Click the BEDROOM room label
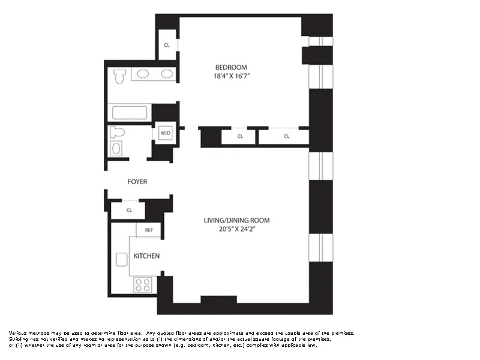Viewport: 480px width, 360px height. pyautogui.click(x=231, y=67)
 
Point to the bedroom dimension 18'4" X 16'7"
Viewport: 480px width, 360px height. pyautogui.click(x=231, y=77)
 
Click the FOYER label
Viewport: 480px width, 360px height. pyautogui.click(x=137, y=181)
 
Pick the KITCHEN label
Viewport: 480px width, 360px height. pyautogui.click(x=146, y=256)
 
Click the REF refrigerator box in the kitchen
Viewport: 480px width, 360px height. pyautogui.click(x=148, y=230)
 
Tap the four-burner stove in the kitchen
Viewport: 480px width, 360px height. pyautogui.click(x=142, y=284)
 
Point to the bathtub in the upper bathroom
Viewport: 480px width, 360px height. pyautogui.click(x=128, y=112)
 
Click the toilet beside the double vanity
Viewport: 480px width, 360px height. pyautogui.click(x=119, y=76)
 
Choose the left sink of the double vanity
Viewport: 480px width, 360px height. pyautogui.click(x=143, y=74)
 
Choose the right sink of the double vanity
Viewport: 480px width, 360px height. pyautogui.click(x=166, y=74)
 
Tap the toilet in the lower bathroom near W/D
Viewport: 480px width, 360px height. pyautogui.click(x=118, y=133)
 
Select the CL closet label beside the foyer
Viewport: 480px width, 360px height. pyautogui.click(x=129, y=210)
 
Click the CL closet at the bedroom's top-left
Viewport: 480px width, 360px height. pyautogui.click(x=167, y=45)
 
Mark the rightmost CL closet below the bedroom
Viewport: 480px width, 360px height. pyautogui.click(x=287, y=136)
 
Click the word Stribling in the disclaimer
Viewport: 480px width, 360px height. pyautogui.click(x=19, y=339)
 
